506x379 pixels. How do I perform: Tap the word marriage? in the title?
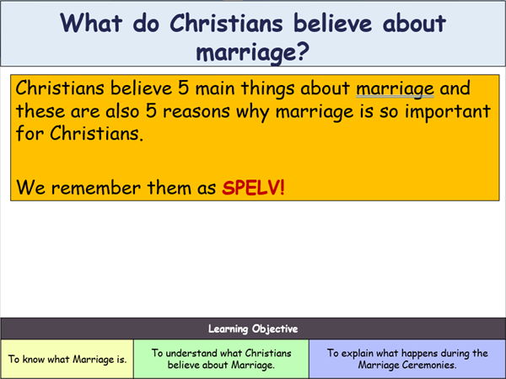[252, 52]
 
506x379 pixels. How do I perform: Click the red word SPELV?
[253, 188]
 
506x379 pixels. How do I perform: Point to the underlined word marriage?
[394, 88]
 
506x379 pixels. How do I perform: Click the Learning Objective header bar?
[253, 328]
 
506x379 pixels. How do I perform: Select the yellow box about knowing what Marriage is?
[67, 359]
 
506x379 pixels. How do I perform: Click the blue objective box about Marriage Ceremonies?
[406, 359]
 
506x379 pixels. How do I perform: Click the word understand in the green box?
[195, 353]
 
